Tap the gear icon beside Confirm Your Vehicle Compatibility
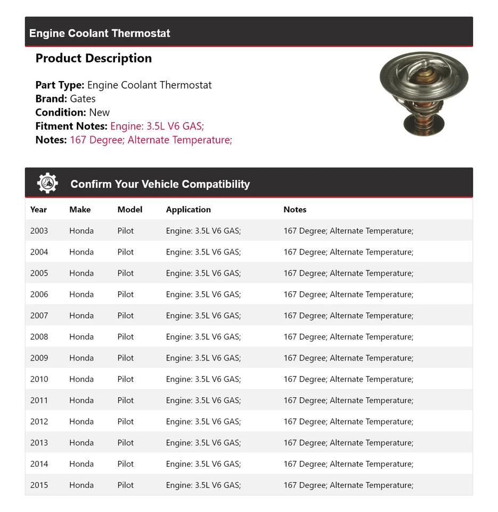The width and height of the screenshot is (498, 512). coord(47,183)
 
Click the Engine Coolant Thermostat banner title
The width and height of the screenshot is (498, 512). coord(100,33)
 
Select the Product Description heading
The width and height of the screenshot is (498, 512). coord(94,58)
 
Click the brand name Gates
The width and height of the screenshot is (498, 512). coord(83,99)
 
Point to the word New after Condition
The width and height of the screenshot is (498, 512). coord(99,113)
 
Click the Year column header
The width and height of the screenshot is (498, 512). coord(38,210)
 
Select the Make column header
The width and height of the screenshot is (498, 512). coord(80,210)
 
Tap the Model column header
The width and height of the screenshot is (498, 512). coord(130,210)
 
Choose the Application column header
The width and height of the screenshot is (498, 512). coord(189,210)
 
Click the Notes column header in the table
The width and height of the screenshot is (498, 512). coord(295,210)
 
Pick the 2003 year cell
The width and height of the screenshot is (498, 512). coord(39,231)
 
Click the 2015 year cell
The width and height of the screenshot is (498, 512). coord(39,485)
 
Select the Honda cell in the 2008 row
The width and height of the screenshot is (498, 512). coord(81,337)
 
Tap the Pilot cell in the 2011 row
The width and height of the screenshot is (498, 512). coord(126,401)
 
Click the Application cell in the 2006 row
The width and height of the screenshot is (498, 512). coord(203,294)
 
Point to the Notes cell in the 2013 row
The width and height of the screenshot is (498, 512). coord(348,443)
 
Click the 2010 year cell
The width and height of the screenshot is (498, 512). coord(39,379)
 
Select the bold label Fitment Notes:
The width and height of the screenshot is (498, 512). coord(71,126)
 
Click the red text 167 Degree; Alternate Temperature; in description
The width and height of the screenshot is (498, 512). coord(151,140)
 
